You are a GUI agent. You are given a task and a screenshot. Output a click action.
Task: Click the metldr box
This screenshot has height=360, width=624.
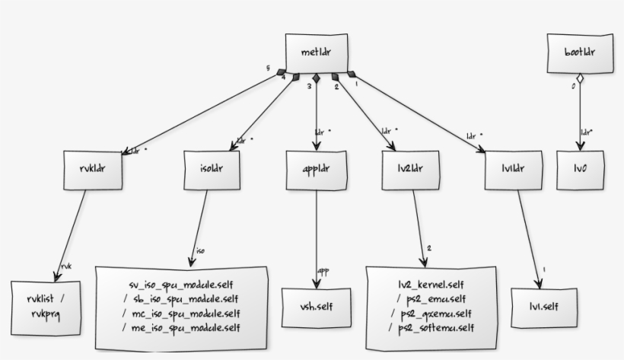315,52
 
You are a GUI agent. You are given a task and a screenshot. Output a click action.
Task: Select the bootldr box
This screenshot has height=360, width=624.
578,52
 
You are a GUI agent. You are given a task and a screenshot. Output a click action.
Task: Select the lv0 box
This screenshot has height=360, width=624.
579,169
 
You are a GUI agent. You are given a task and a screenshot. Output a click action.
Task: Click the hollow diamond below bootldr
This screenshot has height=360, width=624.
578,78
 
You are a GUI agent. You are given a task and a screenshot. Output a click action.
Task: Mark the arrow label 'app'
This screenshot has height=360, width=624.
323,270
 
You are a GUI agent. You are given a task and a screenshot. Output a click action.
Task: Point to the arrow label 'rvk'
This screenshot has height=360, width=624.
65,266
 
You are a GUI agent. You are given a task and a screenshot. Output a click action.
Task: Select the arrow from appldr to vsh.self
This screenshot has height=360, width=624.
315,228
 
